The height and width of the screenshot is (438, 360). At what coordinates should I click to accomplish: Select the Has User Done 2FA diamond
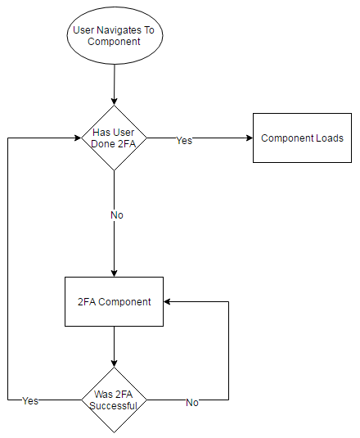pyautogui.click(x=114, y=138)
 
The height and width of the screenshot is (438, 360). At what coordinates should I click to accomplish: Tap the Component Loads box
pyautogui.click(x=302, y=138)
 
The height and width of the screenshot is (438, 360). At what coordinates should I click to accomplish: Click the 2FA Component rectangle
pyautogui.click(x=114, y=301)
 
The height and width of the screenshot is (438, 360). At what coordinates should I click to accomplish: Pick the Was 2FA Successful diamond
pyautogui.click(x=114, y=400)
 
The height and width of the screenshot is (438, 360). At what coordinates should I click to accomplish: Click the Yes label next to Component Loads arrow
pyautogui.click(x=184, y=140)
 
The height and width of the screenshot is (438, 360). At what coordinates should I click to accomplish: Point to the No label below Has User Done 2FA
pyautogui.click(x=117, y=215)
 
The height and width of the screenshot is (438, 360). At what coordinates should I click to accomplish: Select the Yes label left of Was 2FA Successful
pyautogui.click(x=30, y=401)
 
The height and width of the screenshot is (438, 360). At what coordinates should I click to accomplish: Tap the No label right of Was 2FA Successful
pyautogui.click(x=192, y=402)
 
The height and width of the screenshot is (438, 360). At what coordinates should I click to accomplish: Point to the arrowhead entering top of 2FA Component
pyautogui.click(x=114, y=273)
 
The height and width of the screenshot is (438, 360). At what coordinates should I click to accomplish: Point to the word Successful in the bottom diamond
pyautogui.click(x=113, y=405)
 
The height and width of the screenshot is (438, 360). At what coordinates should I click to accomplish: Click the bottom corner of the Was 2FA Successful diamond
pyautogui.click(x=114, y=432)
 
